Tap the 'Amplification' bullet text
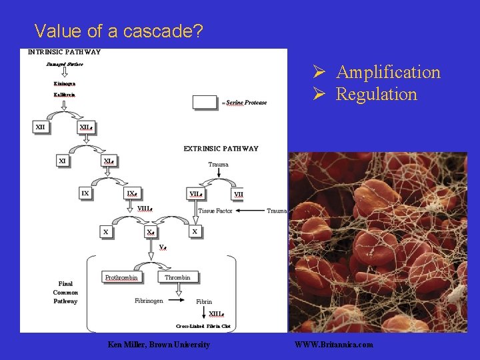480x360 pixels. pyautogui.click(x=388, y=72)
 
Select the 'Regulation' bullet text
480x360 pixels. pyautogui.click(x=376, y=94)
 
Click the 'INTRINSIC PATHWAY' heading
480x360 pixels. pyautogui.click(x=65, y=52)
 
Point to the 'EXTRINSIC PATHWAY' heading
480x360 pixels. pyautogui.click(x=221, y=149)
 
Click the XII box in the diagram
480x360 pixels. pyautogui.click(x=41, y=127)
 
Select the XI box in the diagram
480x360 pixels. pyautogui.click(x=63, y=161)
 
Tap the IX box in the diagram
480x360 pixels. pyautogui.click(x=85, y=193)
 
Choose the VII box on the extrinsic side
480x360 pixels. pyautogui.click(x=238, y=195)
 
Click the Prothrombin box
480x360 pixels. pyautogui.click(x=121, y=277)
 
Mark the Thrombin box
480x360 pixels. pyautogui.click(x=178, y=277)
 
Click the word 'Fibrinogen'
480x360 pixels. pyautogui.click(x=149, y=301)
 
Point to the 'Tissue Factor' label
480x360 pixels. pyautogui.click(x=215, y=211)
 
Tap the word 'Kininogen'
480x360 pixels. pyautogui.click(x=65, y=83)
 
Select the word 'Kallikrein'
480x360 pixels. pyautogui.click(x=65, y=95)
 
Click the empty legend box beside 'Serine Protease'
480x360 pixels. pyautogui.click(x=205, y=102)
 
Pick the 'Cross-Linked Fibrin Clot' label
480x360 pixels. pyautogui.click(x=203, y=326)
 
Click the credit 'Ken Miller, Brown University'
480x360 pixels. pyautogui.click(x=159, y=345)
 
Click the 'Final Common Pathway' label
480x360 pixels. pyautogui.click(x=65, y=292)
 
